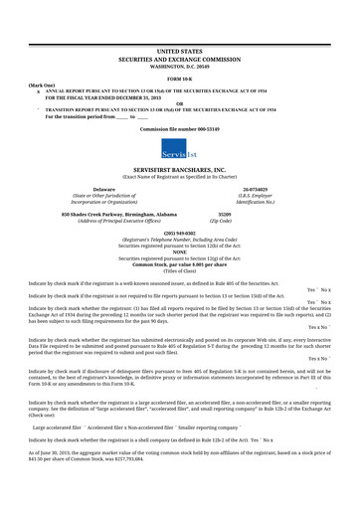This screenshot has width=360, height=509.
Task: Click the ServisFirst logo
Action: tap(179, 152)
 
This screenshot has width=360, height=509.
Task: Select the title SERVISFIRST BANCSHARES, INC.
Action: tap(179, 170)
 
